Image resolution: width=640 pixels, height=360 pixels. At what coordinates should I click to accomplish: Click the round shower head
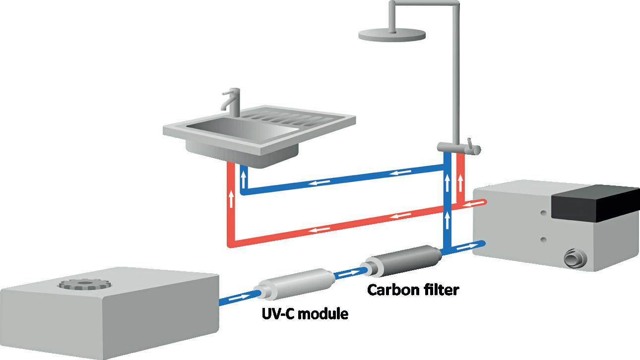click(x=392, y=34)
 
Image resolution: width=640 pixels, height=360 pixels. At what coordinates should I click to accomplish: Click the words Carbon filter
click(x=413, y=290)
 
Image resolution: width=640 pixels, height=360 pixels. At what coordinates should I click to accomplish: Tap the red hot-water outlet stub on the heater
click(x=479, y=202)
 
